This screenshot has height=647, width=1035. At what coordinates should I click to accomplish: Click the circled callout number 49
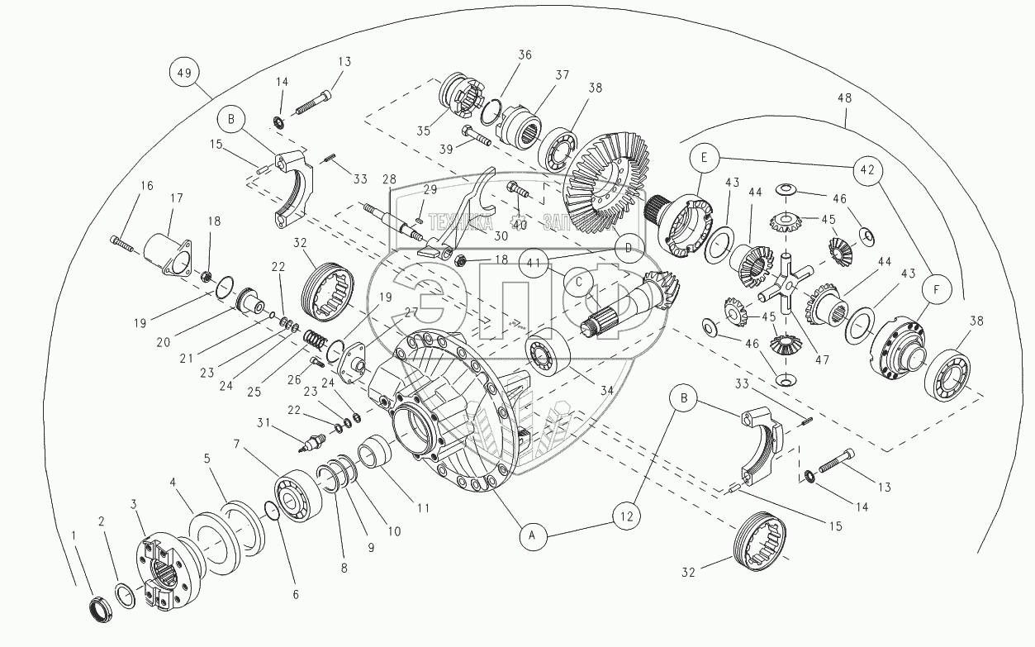[x=183, y=73]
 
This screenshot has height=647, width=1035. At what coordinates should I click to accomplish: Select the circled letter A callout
[x=534, y=537]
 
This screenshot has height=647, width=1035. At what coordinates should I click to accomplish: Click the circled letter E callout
[x=705, y=157]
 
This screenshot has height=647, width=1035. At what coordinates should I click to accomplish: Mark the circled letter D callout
[x=628, y=247]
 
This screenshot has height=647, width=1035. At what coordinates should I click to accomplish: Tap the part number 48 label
[x=844, y=98]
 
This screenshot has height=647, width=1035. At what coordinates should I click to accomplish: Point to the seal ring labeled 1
[x=101, y=611]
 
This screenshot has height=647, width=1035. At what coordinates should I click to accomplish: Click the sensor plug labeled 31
[x=313, y=445]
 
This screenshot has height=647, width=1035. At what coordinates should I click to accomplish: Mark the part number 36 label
[x=525, y=55]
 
